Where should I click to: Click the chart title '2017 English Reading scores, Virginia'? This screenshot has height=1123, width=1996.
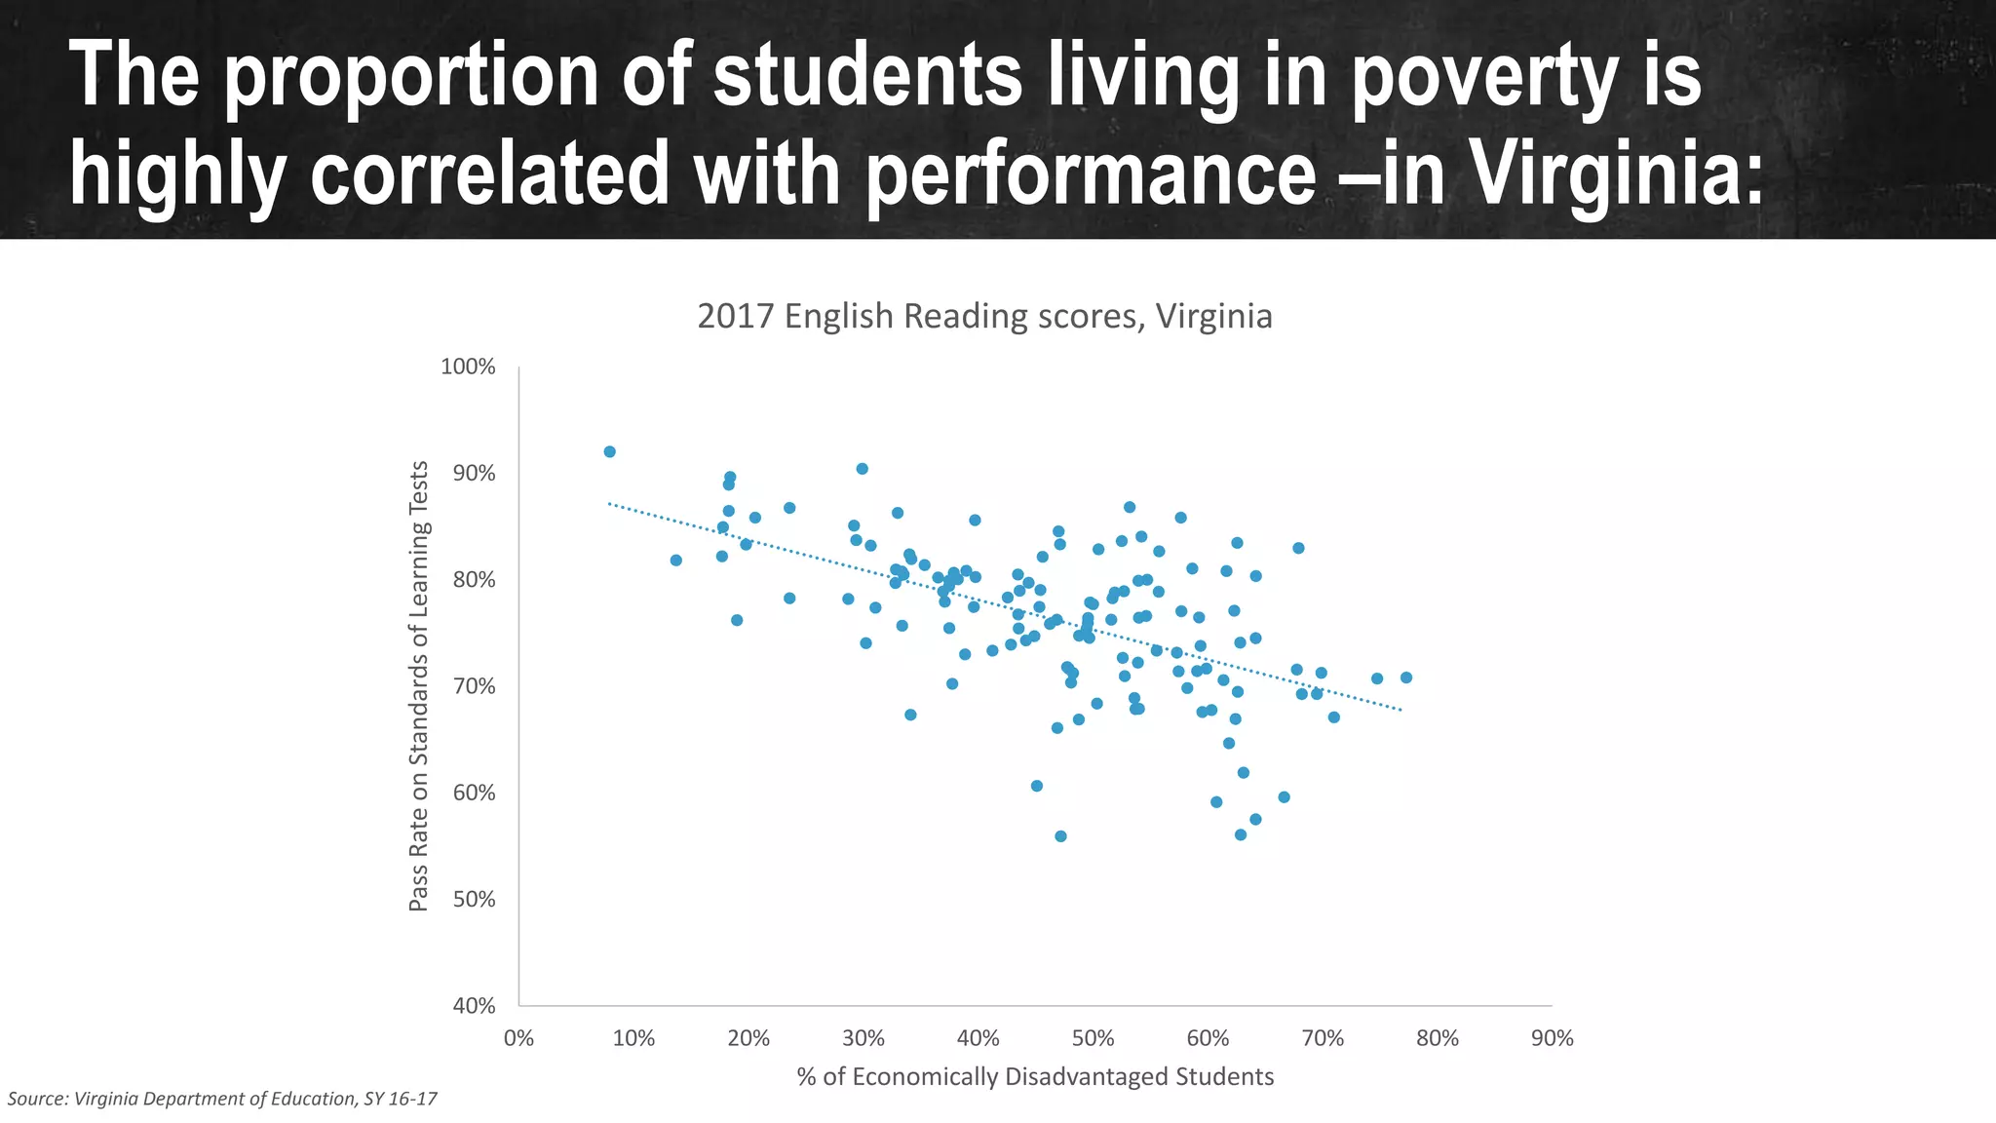tap(984, 317)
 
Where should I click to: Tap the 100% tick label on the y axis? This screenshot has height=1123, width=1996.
tap(468, 367)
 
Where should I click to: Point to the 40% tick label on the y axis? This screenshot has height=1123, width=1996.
tap(474, 1005)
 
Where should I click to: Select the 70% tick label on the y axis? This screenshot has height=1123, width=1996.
tap(474, 686)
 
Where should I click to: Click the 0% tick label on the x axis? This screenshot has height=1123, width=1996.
tap(518, 1038)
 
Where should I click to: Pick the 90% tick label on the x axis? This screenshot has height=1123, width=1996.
tap(1552, 1038)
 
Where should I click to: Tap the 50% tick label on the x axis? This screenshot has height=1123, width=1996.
tap(1093, 1038)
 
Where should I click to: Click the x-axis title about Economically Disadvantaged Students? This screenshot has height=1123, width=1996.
tap(1035, 1076)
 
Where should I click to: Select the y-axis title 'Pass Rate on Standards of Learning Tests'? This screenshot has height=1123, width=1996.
tap(418, 686)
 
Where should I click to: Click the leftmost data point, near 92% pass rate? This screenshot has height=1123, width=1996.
tap(609, 451)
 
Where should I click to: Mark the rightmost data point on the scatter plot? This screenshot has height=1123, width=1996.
tap(1405, 678)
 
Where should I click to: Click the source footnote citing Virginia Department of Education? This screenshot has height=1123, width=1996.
tap(222, 1099)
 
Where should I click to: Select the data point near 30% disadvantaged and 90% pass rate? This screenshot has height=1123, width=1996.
tap(862, 469)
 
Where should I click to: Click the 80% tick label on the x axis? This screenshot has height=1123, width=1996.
tap(1437, 1038)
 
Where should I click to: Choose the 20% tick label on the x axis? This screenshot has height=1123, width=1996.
tap(748, 1038)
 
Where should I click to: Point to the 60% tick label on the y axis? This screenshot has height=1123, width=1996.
tap(474, 793)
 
